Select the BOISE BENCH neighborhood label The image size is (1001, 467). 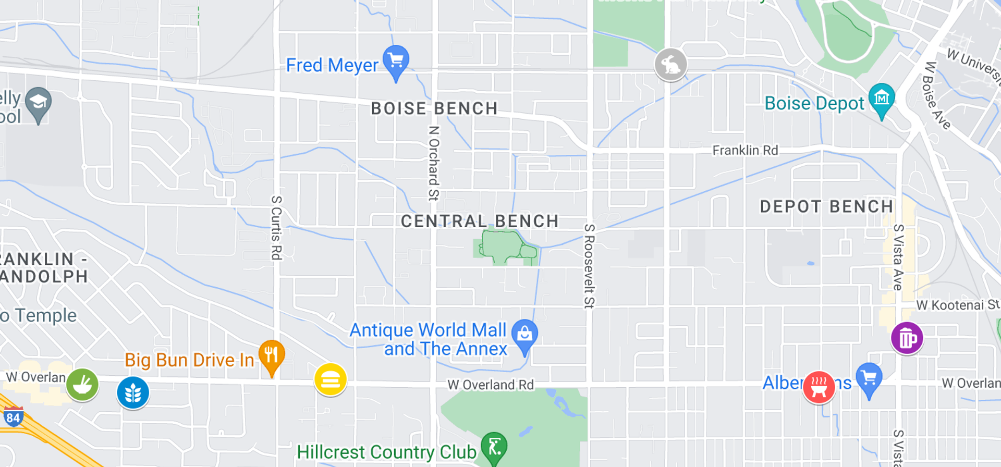pyautogui.click(x=434, y=108)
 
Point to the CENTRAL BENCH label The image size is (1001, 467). pyautogui.click(x=479, y=221)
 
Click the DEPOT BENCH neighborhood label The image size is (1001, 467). pyautogui.click(x=826, y=206)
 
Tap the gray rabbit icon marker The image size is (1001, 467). pyautogui.click(x=670, y=65)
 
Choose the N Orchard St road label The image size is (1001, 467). pyautogui.click(x=434, y=163)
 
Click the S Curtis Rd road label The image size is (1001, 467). pyautogui.click(x=276, y=227)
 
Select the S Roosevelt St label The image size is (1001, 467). pyautogui.click(x=589, y=266)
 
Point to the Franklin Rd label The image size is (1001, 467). pyautogui.click(x=745, y=151)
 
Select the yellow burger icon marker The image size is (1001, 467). pyautogui.click(x=331, y=379)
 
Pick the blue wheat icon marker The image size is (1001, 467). pyautogui.click(x=133, y=392)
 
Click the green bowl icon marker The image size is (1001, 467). pyautogui.click(x=82, y=385)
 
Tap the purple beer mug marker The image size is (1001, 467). pyautogui.click(x=907, y=338)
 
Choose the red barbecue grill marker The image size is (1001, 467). pyautogui.click(x=819, y=387)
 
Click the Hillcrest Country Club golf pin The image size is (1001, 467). pyautogui.click(x=494, y=447)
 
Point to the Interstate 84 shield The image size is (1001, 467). pyautogui.click(x=13, y=417)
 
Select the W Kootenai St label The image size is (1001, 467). pyautogui.click(x=958, y=305)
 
